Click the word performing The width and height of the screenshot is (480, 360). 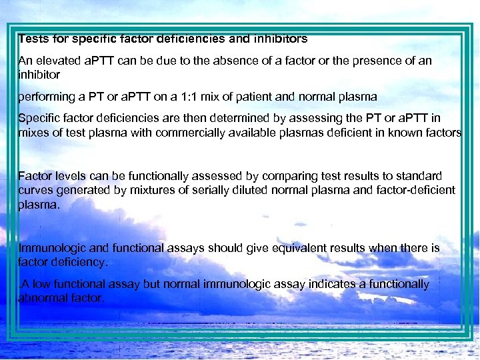click(44, 96)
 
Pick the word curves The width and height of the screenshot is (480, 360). click(35, 190)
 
